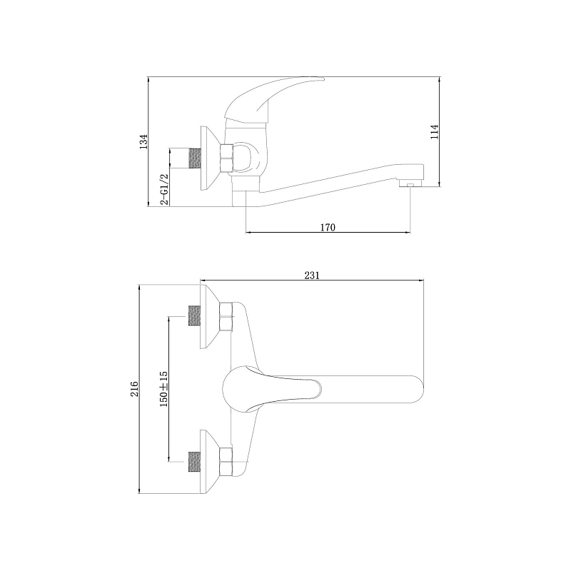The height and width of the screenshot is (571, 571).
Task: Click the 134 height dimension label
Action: pyautogui.click(x=144, y=141)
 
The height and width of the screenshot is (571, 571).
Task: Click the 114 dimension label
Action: pyautogui.click(x=434, y=132)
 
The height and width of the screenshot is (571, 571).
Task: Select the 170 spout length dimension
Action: pyautogui.click(x=328, y=228)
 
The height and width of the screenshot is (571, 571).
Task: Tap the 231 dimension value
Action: pyautogui.click(x=312, y=276)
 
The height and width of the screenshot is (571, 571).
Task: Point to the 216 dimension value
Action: pyautogui.click(x=134, y=389)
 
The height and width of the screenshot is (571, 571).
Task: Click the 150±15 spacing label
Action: pyautogui.click(x=163, y=389)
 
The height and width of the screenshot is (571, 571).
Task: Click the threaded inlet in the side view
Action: pyautogui.click(x=195, y=158)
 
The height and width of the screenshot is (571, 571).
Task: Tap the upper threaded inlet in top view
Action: pyautogui.click(x=195, y=315)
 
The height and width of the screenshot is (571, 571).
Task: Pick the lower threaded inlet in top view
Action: pyautogui.click(x=195, y=462)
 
